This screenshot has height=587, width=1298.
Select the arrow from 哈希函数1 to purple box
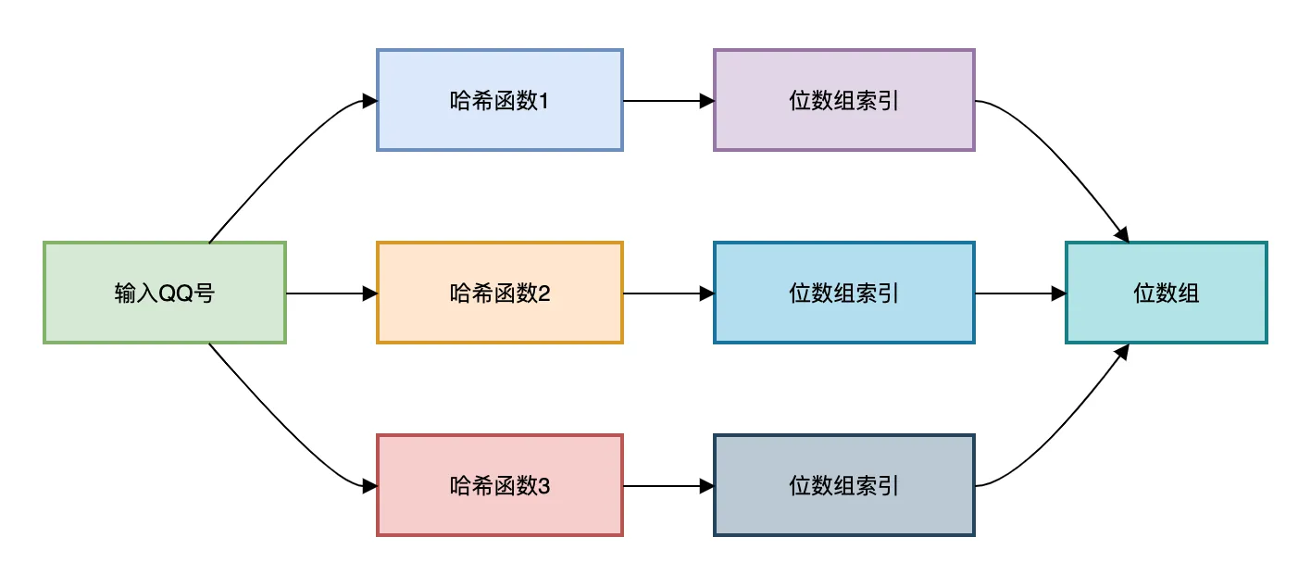pyautogui.click(x=668, y=100)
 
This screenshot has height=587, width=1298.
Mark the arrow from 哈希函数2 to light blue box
pyautogui.click(x=668, y=293)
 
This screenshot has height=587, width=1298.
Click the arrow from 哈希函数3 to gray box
pyautogui.click(x=668, y=485)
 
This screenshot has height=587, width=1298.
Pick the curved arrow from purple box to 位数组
pyautogui.click(x=1065, y=157)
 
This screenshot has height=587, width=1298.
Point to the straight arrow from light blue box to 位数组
pyautogui.click(x=1019, y=293)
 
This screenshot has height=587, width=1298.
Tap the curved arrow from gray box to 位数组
pyautogui.click(x=1065, y=428)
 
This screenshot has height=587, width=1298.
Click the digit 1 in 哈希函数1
pyautogui.click(x=543, y=101)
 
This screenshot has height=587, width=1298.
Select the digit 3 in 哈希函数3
pyautogui.click(x=543, y=485)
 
